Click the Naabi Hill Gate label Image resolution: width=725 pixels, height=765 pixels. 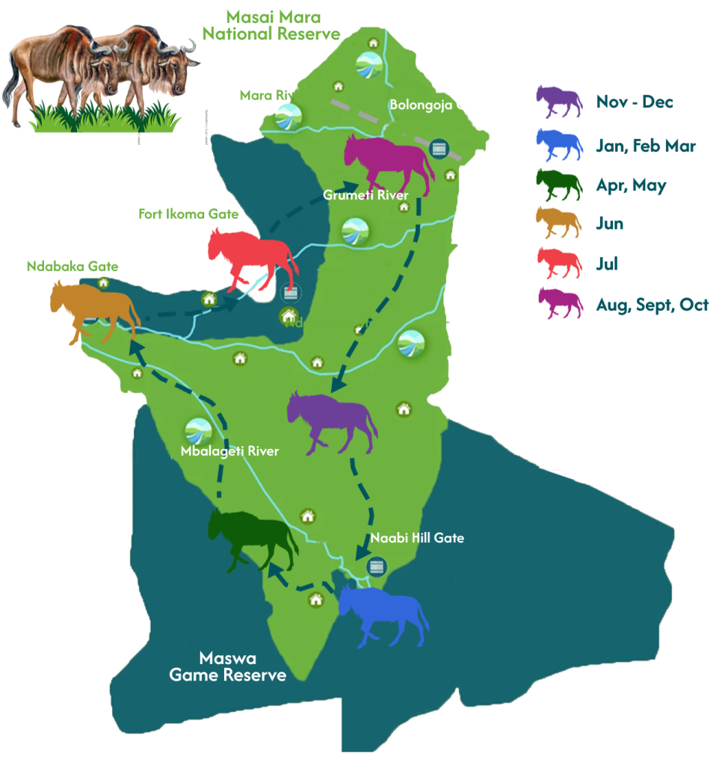(417, 538)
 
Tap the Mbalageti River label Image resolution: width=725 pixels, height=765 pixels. (229, 451)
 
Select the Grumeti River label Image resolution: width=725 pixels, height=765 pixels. (365, 196)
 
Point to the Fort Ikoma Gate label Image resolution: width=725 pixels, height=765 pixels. (188, 214)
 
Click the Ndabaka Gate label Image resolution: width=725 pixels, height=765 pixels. (72, 266)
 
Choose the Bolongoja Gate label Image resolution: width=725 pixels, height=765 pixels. (438, 105)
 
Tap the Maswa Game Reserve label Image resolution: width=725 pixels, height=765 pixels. (227, 666)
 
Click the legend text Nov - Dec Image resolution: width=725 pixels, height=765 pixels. (635, 102)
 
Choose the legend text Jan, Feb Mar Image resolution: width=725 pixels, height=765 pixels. (646, 146)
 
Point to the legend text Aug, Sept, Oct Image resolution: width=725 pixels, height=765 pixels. (652, 305)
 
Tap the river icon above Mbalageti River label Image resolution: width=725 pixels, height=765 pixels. (198, 431)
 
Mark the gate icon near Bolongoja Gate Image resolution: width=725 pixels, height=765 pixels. (439, 147)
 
